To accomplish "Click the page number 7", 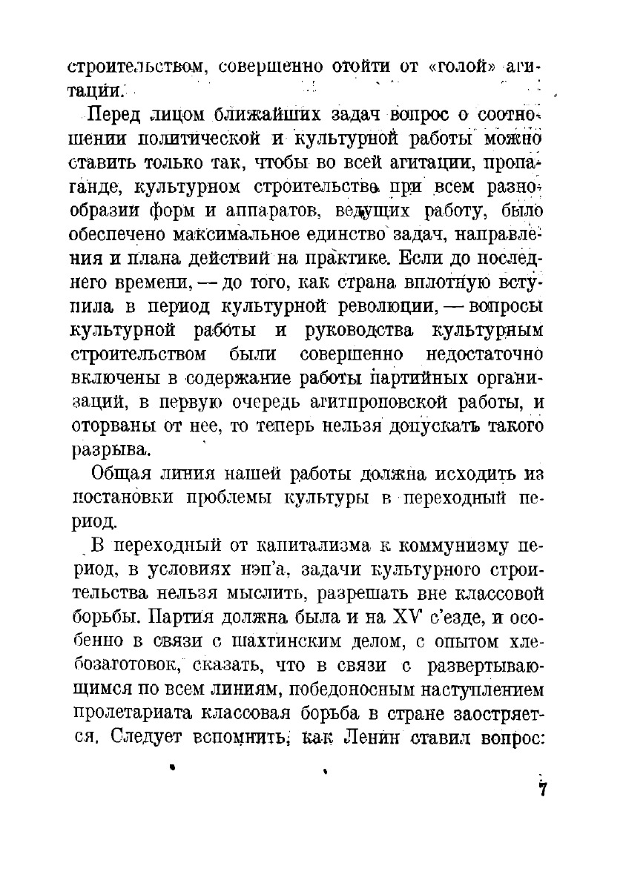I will pos(543,789).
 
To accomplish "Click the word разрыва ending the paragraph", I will pos(110,450).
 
